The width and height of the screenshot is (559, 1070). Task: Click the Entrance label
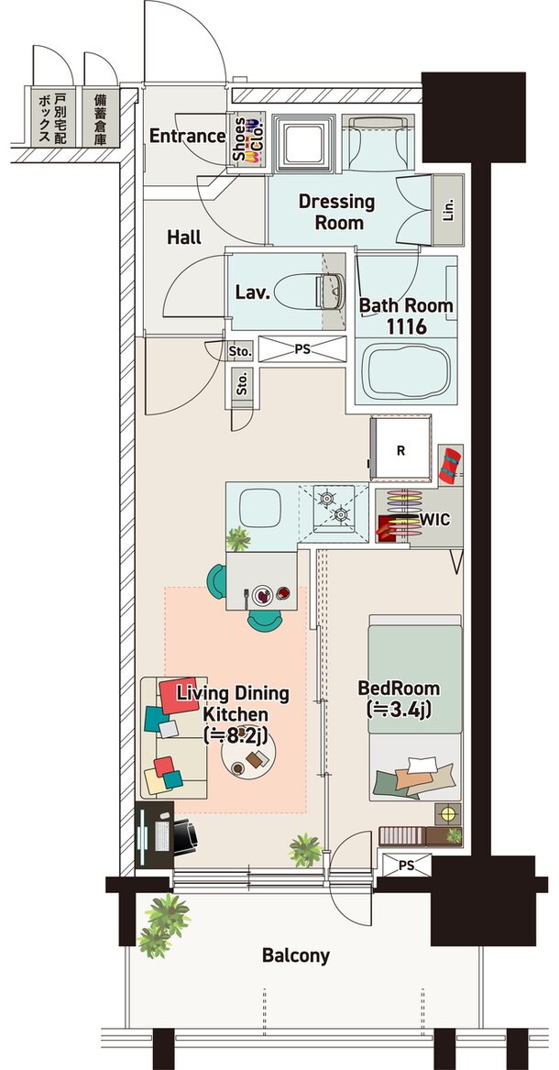pos(188,136)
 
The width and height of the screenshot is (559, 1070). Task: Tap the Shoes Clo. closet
pos(247,138)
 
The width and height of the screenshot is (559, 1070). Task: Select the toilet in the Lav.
pos(329,292)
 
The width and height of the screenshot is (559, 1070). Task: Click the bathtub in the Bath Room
pos(406,373)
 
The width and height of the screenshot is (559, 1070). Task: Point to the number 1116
pos(406,327)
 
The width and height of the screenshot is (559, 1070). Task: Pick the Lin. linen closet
pos(448,209)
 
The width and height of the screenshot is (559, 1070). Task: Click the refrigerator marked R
pos(400,449)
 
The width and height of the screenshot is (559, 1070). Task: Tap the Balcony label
pos(296,955)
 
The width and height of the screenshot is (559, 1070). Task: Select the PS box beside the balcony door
pos(406,866)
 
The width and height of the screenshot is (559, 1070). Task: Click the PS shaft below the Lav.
pos(302,349)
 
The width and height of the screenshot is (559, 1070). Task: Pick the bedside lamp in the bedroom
pos(448,814)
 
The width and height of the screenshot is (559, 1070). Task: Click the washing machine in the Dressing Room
pos(303,143)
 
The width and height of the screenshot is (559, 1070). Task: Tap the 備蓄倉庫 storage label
pos(101,119)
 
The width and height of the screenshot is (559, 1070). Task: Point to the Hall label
pos(184,237)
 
